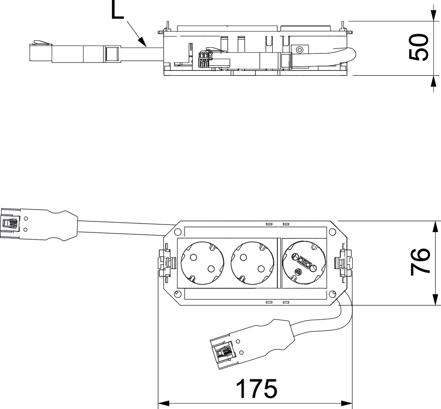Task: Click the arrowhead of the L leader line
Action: click(142, 41)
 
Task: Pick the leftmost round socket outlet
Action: click(202, 263)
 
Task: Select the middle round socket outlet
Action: click(252, 263)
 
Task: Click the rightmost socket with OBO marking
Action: click(304, 263)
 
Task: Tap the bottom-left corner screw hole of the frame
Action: click(177, 294)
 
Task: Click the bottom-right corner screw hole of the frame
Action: click(332, 294)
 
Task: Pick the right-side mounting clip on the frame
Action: click(343, 262)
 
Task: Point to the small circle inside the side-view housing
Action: click(299, 50)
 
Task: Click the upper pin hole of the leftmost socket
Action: click(193, 257)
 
